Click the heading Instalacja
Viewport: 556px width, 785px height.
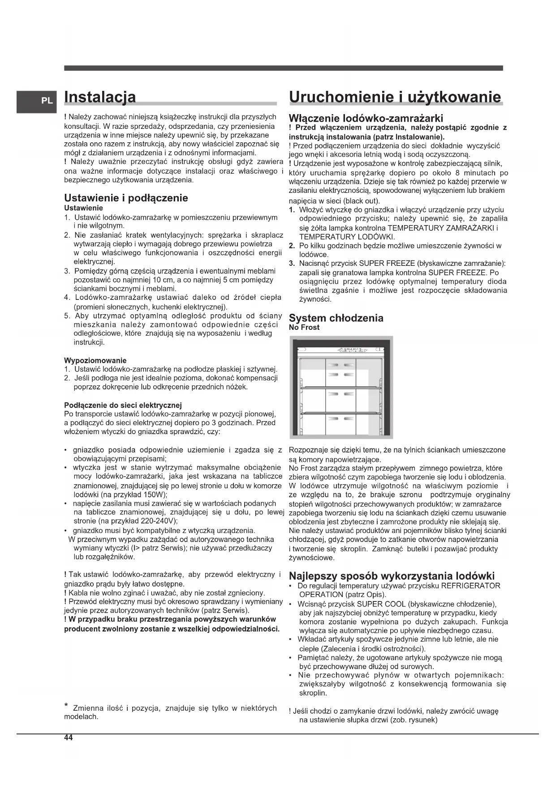click(x=100, y=97)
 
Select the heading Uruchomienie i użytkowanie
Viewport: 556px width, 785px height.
click(x=395, y=97)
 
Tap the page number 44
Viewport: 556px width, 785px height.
click(x=68, y=738)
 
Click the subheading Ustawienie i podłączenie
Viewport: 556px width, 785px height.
click(x=126, y=198)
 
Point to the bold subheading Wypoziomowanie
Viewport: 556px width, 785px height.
click(x=95, y=360)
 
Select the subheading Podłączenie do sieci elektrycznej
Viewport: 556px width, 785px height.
click(x=123, y=405)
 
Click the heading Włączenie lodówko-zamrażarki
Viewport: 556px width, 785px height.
click(x=366, y=118)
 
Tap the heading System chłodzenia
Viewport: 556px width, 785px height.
click(x=336, y=318)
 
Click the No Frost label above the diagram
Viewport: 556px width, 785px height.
click(x=304, y=327)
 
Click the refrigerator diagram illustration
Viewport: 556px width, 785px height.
click(x=341, y=387)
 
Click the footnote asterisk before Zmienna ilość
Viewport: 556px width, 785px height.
click(x=66, y=707)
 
